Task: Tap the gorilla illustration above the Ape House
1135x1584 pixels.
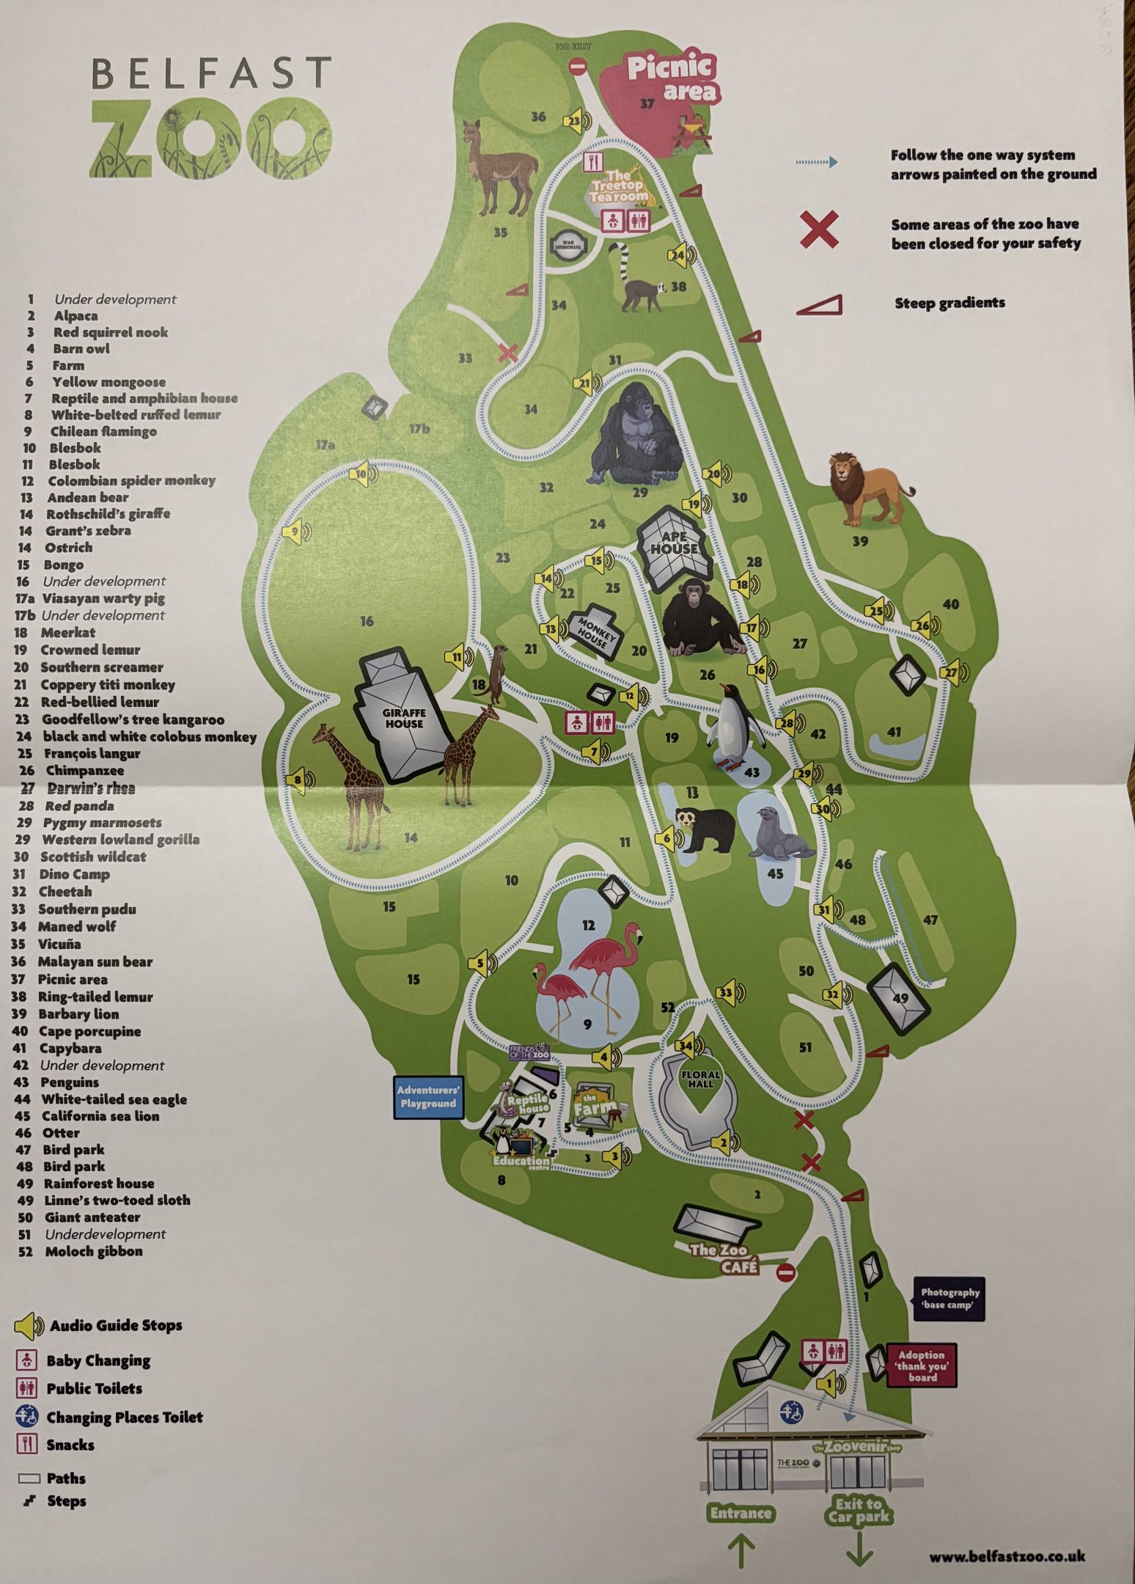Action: pyautogui.click(x=636, y=436)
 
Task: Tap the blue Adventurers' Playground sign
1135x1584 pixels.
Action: pyautogui.click(x=428, y=1097)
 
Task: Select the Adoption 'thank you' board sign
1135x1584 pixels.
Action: pyautogui.click(x=922, y=1365)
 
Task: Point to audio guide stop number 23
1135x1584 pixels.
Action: pyautogui.click(x=575, y=122)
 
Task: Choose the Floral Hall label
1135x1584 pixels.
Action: pyautogui.click(x=700, y=1079)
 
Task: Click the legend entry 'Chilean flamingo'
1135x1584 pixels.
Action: pyautogui.click(x=103, y=431)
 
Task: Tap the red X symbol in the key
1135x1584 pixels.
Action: pyautogui.click(x=819, y=230)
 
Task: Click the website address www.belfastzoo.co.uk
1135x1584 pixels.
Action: pyautogui.click(x=1007, y=1556)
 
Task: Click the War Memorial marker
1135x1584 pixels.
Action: pyautogui.click(x=568, y=244)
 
